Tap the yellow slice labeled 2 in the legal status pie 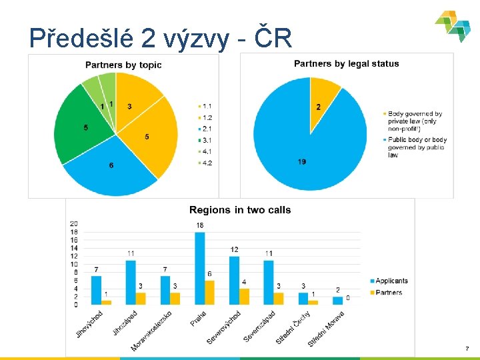tap(323, 100)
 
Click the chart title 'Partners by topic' tap(123, 65)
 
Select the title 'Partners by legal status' tap(347, 64)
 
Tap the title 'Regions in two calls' tap(240, 210)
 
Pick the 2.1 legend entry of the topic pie tap(206, 129)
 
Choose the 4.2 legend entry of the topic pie tap(206, 163)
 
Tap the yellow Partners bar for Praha tap(209, 292)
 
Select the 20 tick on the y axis tap(73, 223)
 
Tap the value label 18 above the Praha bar tap(199, 226)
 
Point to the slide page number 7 tap(467, 349)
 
